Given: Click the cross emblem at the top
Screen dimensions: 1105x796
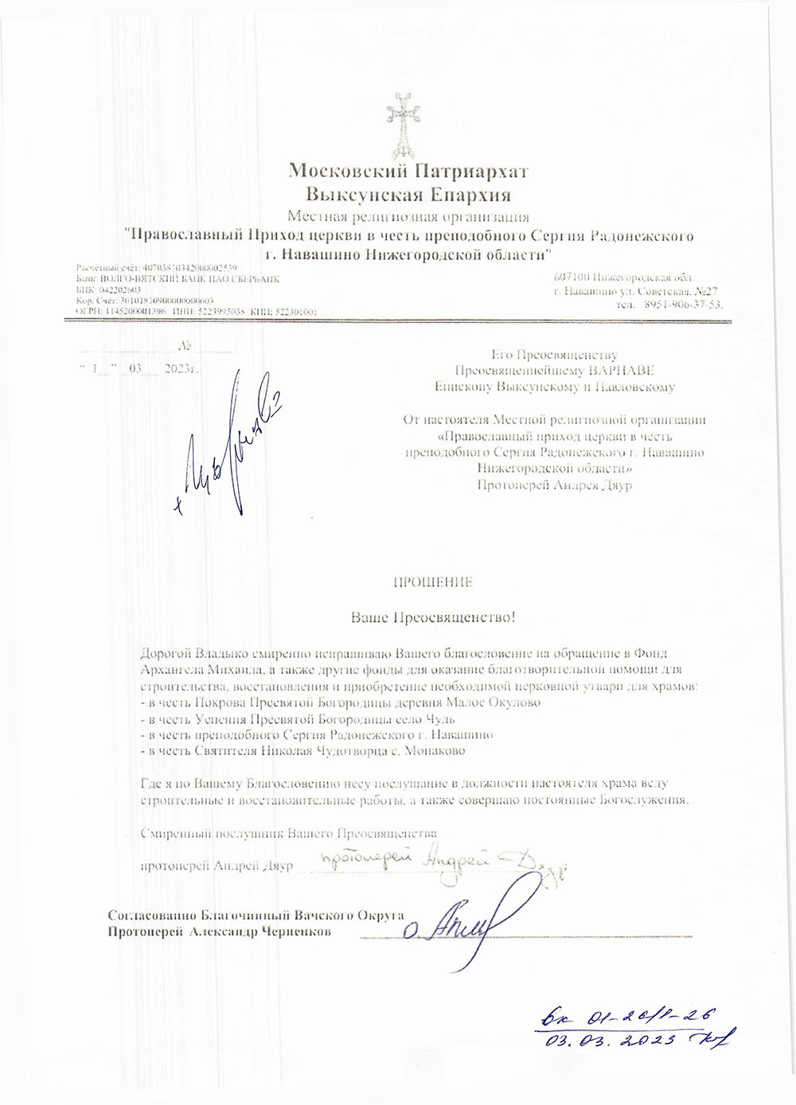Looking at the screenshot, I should point(403,124).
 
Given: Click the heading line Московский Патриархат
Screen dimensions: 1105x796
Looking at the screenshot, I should point(408,171).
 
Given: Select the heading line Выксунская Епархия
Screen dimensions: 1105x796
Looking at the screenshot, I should point(408,194).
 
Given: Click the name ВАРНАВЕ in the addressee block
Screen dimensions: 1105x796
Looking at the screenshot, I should point(622,371).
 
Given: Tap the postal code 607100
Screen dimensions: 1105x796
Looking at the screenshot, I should point(572,277).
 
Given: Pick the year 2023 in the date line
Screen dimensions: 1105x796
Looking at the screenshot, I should point(178,370).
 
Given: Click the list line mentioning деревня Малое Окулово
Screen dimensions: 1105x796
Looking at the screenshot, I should point(340,702).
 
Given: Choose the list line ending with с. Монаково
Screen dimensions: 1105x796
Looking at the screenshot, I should point(302,750).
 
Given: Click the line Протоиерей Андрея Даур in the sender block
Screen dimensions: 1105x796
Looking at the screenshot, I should point(554,485).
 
